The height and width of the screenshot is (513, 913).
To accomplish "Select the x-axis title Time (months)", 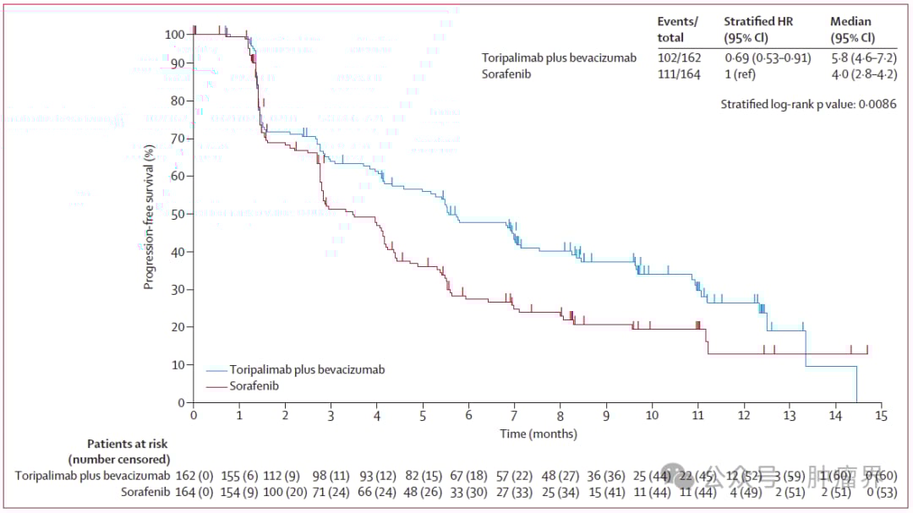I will [539, 434].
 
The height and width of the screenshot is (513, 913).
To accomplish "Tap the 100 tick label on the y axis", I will [175, 35].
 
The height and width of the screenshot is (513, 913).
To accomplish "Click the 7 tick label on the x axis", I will [515, 417].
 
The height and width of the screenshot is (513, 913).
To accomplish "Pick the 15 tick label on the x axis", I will [881, 417].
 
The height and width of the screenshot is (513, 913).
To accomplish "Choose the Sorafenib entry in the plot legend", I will [254, 386].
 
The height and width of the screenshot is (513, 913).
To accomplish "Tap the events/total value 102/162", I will [679, 58].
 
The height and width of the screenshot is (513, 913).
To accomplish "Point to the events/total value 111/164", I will [679, 74].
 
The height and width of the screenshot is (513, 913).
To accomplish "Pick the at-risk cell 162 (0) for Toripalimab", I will [194, 476].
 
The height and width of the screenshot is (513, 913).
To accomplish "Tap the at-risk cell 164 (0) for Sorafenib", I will [194, 492].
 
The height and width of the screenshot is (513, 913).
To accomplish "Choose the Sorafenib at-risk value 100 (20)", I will [285, 492].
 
